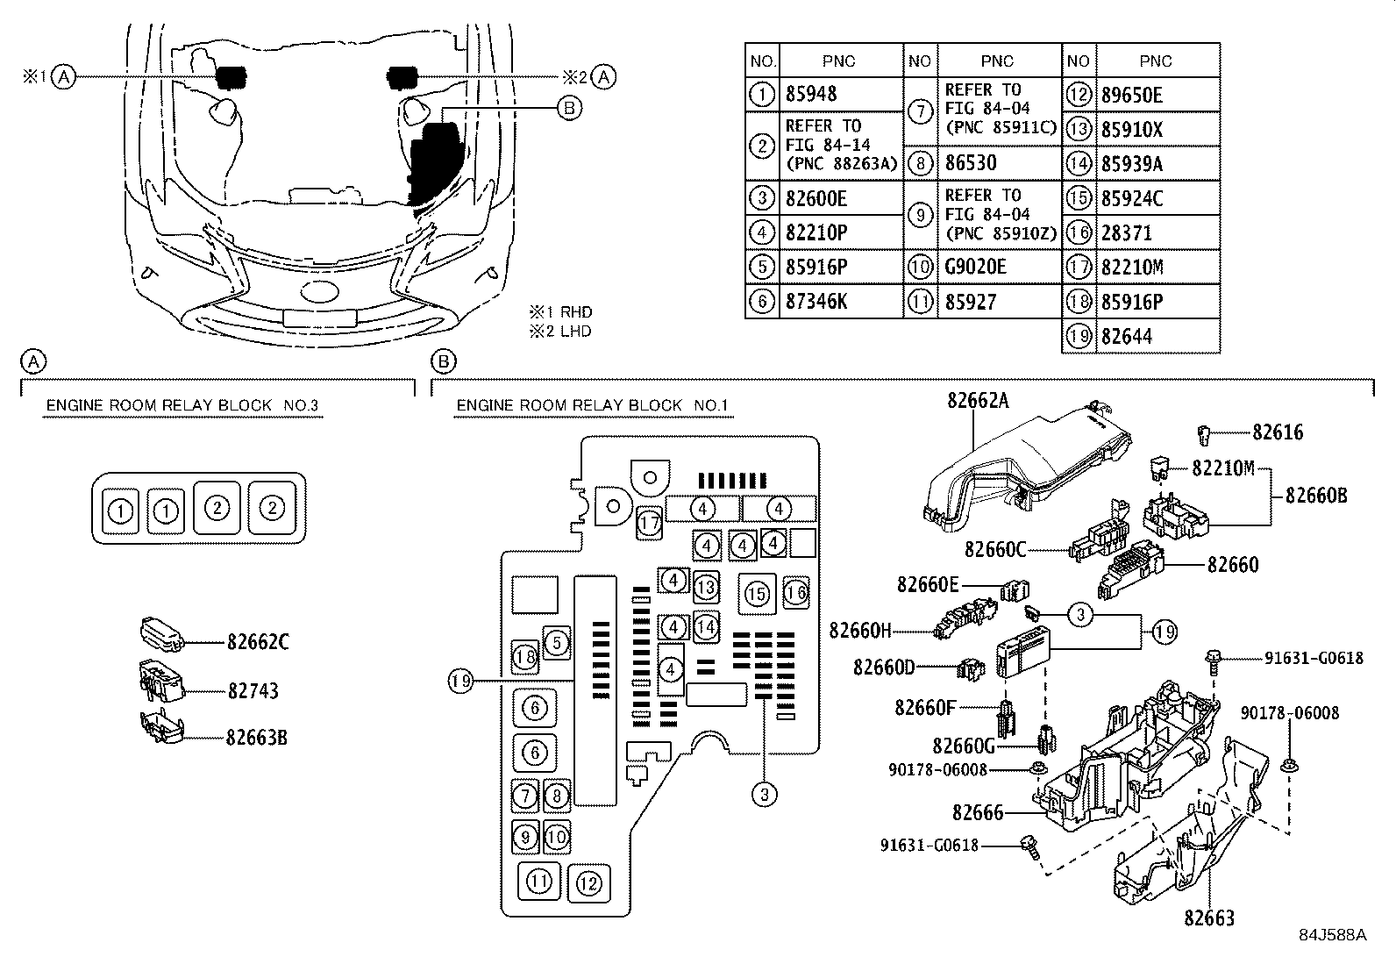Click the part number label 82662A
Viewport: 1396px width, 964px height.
[978, 400]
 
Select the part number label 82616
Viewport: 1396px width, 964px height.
[1278, 432]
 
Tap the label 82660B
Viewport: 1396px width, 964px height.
[1316, 496]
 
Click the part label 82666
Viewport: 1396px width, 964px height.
[978, 812]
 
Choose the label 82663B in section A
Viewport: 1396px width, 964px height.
[256, 738]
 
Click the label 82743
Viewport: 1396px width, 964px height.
[253, 691]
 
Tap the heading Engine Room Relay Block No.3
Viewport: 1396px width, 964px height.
[182, 405]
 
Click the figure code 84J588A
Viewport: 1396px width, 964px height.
[1333, 935]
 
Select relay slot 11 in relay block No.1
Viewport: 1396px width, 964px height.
[539, 882]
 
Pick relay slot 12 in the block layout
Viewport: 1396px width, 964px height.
[589, 883]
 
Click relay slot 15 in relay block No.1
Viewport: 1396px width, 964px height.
[758, 594]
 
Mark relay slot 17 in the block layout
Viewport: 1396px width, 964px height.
[650, 522]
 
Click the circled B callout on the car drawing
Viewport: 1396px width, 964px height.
[569, 108]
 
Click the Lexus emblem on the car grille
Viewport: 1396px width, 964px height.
[319, 291]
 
